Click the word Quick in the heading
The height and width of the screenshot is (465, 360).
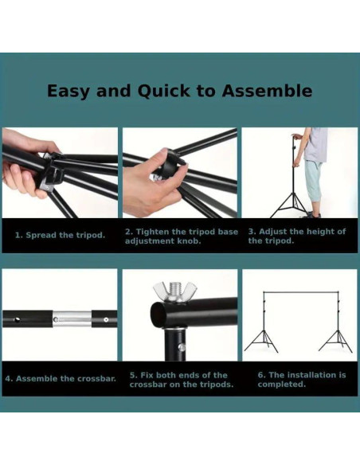pos(163,91)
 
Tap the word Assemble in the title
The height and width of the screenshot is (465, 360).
pos(267,91)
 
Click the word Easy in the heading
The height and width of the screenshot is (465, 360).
pos(68,92)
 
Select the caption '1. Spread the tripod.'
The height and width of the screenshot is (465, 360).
pos(61,235)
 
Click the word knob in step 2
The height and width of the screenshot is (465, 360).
pos(189,240)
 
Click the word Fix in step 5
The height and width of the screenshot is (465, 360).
pos(147,375)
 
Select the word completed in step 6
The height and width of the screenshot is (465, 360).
pos(281,385)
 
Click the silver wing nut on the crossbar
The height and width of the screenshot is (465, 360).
pos(175,291)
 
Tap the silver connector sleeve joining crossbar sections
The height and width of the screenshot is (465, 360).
pos(72,318)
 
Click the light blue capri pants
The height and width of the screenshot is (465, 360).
pos(312,181)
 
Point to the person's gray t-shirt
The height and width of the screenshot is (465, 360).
pos(315,144)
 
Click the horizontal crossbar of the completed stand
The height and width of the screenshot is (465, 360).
pos(301,292)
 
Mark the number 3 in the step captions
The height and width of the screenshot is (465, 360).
pos(251,232)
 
